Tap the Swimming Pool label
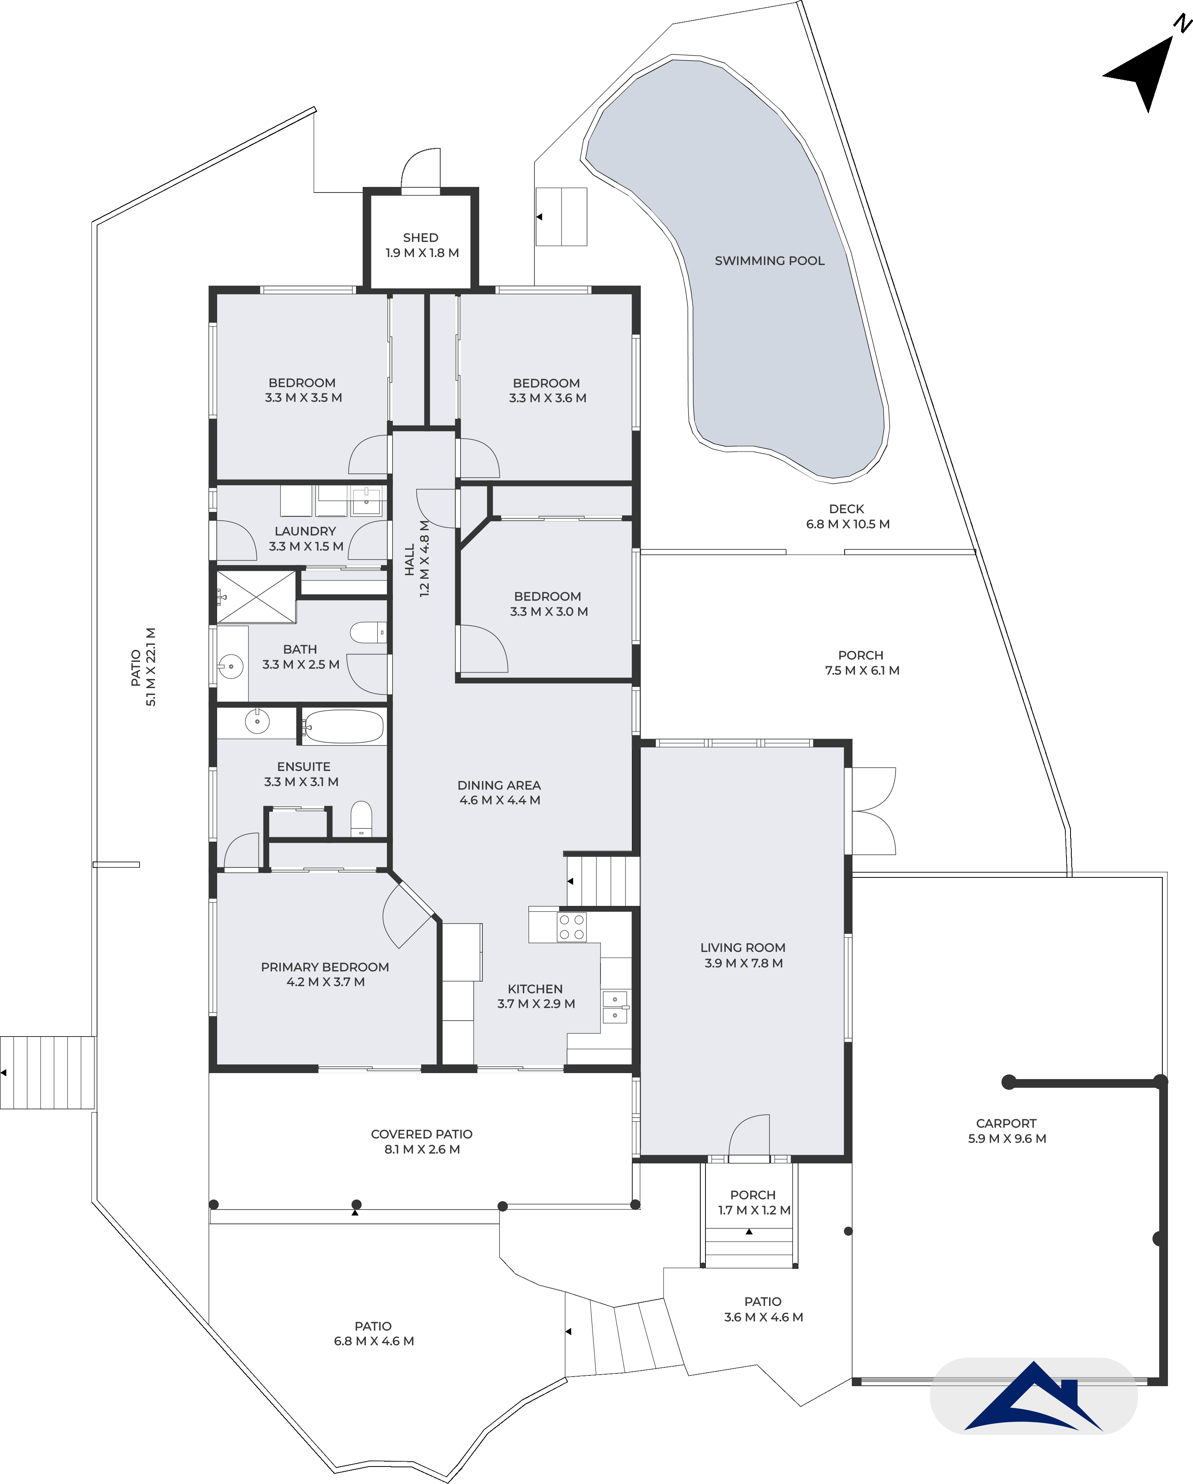(x=769, y=261)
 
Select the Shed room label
(x=420, y=237)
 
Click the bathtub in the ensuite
(x=343, y=726)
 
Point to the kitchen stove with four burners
(x=572, y=927)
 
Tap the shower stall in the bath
(x=256, y=597)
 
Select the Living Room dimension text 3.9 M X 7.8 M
(x=743, y=963)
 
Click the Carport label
(x=1006, y=1123)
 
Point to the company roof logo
(x=1034, y=1397)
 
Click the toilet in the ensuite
(x=361, y=819)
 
